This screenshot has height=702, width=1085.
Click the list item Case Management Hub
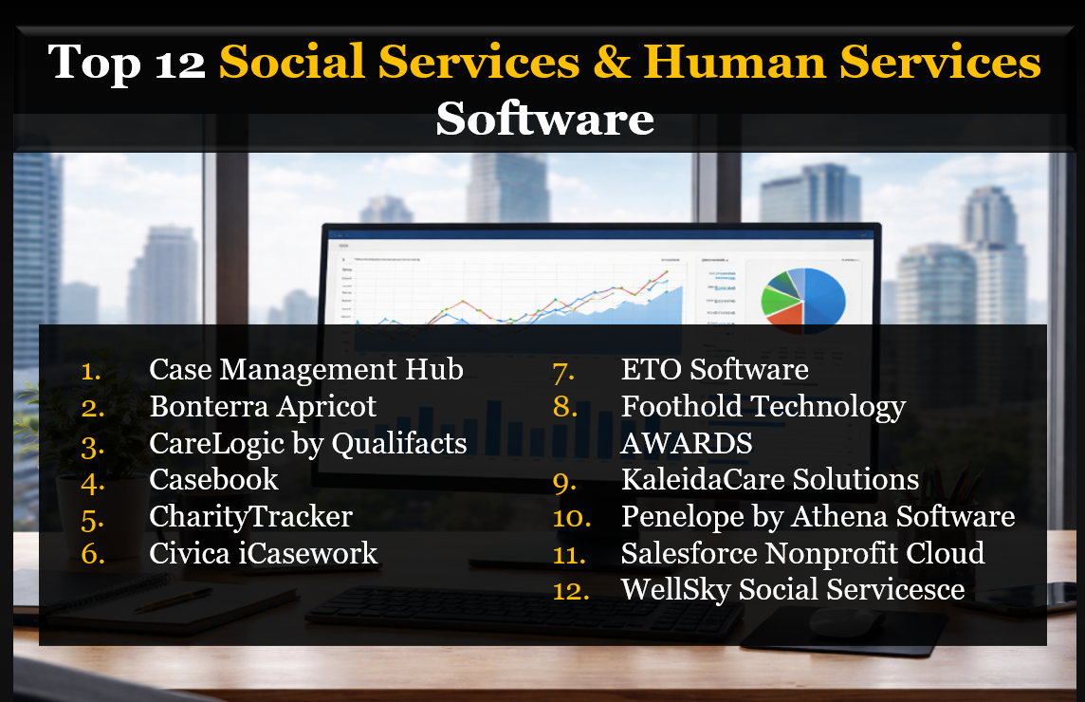pyautogui.click(x=305, y=369)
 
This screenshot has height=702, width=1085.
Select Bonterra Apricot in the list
pyautogui.click(x=263, y=406)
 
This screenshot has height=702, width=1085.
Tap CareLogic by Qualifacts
pyautogui.click(x=307, y=443)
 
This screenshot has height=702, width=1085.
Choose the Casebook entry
pyautogui.click(x=213, y=480)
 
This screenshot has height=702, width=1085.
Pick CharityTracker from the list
pyautogui.click(x=250, y=517)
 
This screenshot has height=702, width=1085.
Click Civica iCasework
pyautogui.click(x=263, y=554)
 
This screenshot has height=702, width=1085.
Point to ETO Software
pyautogui.click(x=714, y=369)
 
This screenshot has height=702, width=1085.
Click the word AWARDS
pyautogui.click(x=687, y=443)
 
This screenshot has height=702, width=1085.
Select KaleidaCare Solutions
pyautogui.click(x=769, y=480)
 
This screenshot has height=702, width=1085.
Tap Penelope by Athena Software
pyautogui.click(x=818, y=517)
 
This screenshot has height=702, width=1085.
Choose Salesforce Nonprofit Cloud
pyautogui.click(x=802, y=553)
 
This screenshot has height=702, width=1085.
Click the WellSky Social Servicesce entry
pyautogui.click(x=792, y=590)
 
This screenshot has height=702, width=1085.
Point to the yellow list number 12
pyautogui.click(x=571, y=591)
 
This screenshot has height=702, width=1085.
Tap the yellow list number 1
pyautogui.click(x=91, y=370)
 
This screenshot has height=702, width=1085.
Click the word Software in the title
pyautogui.click(x=543, y=120)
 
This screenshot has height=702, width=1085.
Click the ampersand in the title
pyautogui.click(x=610, y=63)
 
